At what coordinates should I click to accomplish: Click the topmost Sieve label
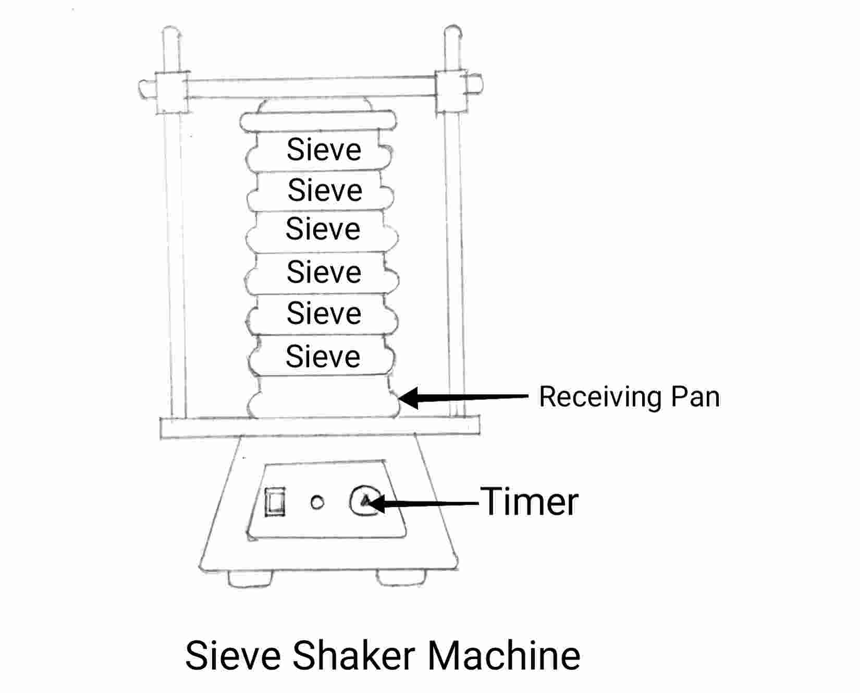pyautogui.click(x=324, y=150)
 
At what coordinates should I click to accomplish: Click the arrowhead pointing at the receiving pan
pyautogui.click(x=409, y=397)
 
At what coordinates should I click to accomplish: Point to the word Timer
pyautogui.click(x=529, y=502)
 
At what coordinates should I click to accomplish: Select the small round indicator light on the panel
pyautogui.click(x=317, y=502)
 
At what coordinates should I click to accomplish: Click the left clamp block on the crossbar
pyautogui.click(x=171, y=92)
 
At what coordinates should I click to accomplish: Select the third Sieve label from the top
pyautogui.click(x=323, y=229)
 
